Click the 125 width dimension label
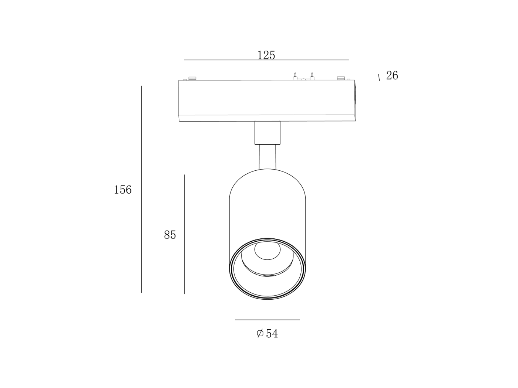[x=266, y=55]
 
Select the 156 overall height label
[x=122, y=190]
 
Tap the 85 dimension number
[x=170, y=235]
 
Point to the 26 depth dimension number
[x=392, y=75]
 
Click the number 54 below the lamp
[x=272, y=334]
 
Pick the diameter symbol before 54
[x=260, y=334]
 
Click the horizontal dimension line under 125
[x=266, y=60]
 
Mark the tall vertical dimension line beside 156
[x=141, y=189]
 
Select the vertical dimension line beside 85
[x=184, y=234]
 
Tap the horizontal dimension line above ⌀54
[x=268, y=320]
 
